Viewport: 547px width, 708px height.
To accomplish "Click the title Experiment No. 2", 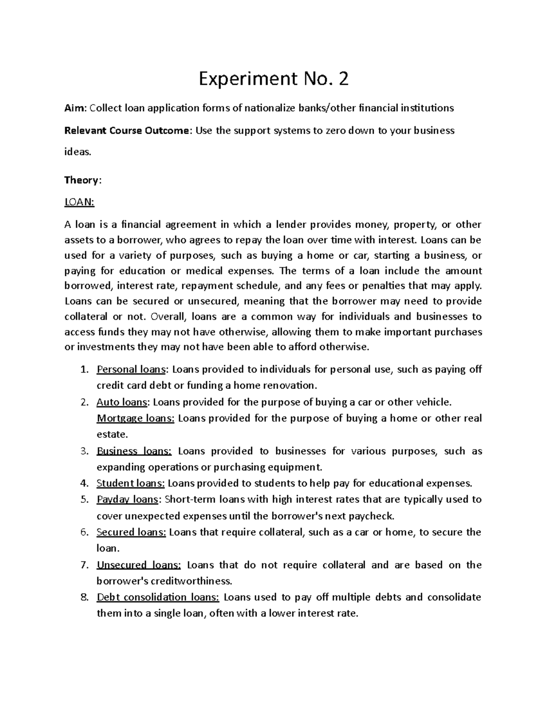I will pos(273,79).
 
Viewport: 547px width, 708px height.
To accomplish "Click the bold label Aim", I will pos(75,108).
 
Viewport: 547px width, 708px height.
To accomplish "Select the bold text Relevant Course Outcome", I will pos(126,131).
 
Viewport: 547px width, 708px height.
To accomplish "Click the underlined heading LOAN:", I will pos(79,202).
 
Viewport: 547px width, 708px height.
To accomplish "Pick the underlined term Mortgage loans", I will pos(135,419).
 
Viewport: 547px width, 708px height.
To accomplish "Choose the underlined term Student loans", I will pos(131,483).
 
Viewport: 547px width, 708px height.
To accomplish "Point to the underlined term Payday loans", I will pos(127,500).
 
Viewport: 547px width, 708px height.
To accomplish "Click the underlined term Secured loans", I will pos(131,532).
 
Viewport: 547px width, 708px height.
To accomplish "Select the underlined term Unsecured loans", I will pos(139,565).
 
